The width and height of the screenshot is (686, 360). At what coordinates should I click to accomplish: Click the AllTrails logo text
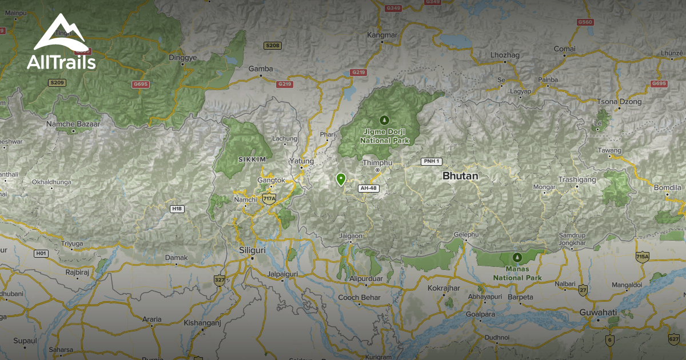[61, 62]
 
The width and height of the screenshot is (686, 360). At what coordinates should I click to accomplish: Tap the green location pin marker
[341, 179]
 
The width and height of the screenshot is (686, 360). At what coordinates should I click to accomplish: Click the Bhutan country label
[460, 177]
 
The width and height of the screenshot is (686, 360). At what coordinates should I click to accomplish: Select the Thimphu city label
[378, 163]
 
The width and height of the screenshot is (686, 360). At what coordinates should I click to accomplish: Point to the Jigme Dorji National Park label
[384, 135]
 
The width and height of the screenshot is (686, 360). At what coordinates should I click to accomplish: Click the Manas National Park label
[517, 274]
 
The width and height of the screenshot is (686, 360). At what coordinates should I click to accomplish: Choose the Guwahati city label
[598, 312]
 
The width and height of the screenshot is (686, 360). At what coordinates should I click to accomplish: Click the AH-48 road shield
[368, 188]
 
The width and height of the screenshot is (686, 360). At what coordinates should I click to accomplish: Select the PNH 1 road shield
[432, 161]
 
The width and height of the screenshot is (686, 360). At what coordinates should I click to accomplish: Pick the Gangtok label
[271, 180]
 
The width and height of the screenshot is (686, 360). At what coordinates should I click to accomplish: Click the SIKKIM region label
[252, 158]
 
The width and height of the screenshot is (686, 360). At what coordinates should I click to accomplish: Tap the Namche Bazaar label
[73, 124]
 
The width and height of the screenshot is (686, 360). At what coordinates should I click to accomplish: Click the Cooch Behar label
[359, 297]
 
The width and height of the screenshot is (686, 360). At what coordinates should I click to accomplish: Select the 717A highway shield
[269, 198]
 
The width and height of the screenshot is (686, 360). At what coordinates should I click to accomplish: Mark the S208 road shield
[273, 45]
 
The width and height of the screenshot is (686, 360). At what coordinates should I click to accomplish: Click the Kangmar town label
[382, 35]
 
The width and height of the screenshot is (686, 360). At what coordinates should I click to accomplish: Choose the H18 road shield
[177, 209]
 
